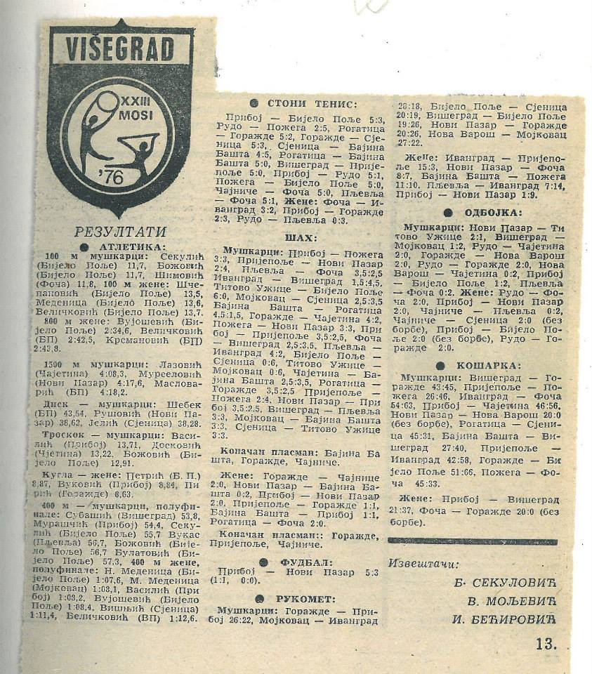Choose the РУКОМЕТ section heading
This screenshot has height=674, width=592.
click(x=305, y=599)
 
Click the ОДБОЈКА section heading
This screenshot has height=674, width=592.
click(x=492, y=213)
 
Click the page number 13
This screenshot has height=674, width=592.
click(x=545, y=643)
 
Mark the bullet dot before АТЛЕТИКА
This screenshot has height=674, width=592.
click(x=84, y=247)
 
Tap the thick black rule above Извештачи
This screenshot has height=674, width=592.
click(x=472, y=541)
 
